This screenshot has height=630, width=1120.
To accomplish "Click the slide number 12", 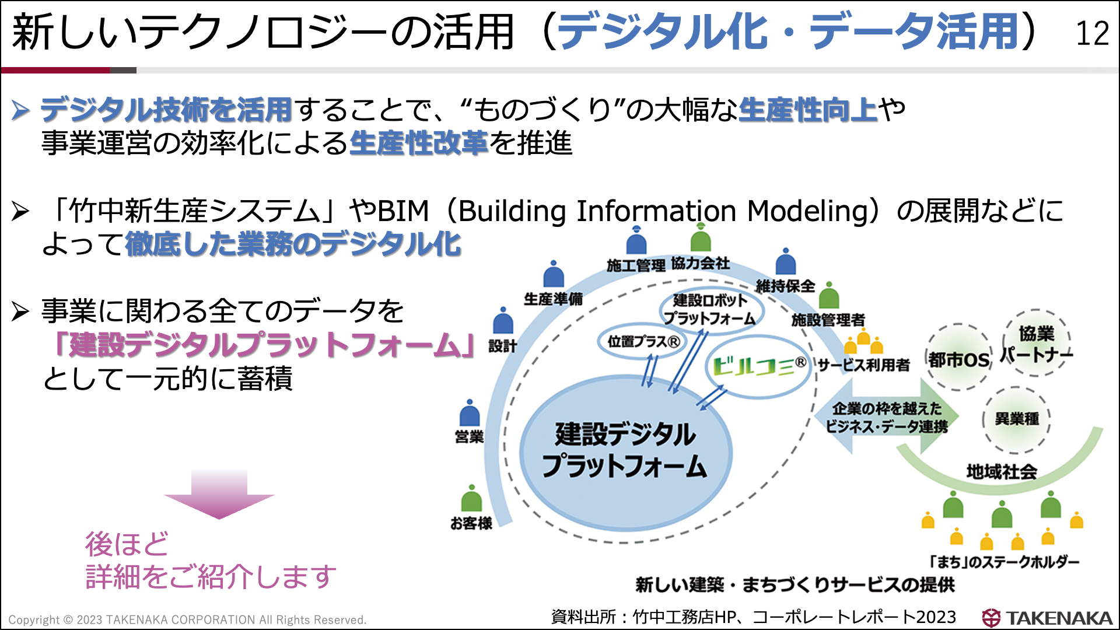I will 1092,33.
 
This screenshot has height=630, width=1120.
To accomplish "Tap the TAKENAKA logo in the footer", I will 1047,618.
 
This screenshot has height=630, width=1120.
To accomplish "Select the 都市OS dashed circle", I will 958,358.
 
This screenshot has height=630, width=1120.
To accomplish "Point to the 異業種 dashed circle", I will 1016,419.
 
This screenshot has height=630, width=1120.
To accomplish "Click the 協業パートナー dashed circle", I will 1036,343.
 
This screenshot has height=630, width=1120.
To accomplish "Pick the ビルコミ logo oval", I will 758,366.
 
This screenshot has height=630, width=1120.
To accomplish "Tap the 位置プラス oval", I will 643,341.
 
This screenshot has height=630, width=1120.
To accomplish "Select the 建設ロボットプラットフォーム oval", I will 710,309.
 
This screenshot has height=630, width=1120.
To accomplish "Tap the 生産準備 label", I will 553,299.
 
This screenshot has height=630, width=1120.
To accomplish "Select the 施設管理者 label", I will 828,320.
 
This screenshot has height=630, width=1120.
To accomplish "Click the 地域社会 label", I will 1001,471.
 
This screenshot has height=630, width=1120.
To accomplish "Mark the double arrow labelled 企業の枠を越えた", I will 887,416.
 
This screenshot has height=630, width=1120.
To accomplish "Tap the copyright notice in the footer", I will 187,619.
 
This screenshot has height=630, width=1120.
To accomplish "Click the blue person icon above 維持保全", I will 786,263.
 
